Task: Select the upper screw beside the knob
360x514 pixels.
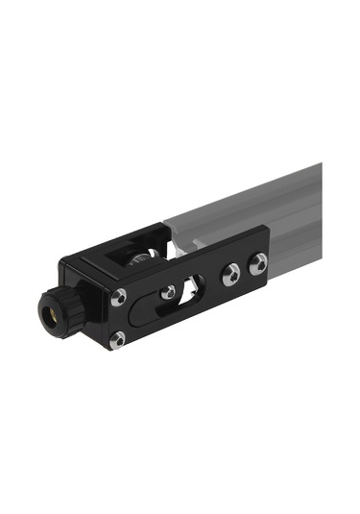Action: click(118, 298)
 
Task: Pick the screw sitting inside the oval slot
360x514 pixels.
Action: click(169, 291)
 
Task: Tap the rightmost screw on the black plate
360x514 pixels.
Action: click(257, 264)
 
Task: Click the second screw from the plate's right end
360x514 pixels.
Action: click(230, 275)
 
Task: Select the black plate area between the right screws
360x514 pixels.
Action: click(244, 270)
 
